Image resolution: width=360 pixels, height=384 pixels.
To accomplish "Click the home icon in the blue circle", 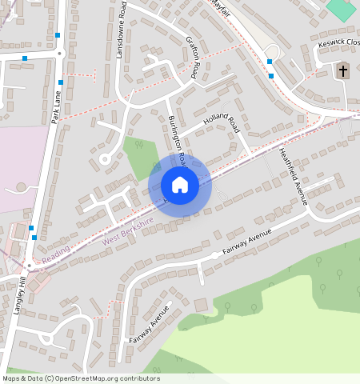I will click(x=180, y=185).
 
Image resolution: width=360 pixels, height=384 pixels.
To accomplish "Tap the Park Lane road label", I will click(x=55, y=105).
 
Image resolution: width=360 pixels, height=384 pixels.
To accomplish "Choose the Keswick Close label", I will click(x=339, y=44).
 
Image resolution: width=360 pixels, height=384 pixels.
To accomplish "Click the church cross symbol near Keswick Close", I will click(x=343, y=70).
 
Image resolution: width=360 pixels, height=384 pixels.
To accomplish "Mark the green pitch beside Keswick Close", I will click(x=342, y=10).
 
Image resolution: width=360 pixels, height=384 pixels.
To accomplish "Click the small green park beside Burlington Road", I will click(x=140, y=157).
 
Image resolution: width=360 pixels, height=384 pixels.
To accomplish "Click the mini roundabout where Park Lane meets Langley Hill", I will click(x=29, y=264).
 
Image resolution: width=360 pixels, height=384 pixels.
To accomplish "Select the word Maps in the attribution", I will click(x=12, y=378).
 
